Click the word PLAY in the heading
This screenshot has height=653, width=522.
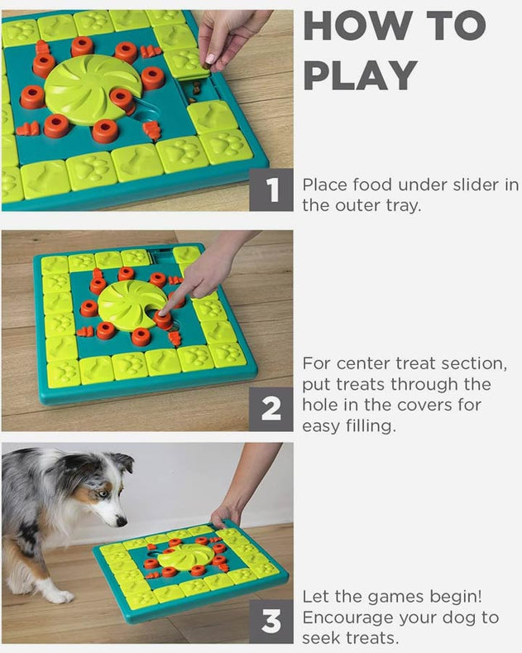361,75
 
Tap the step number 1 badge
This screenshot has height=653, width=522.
271,190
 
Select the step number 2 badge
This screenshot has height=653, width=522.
271,409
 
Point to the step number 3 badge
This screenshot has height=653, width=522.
271,622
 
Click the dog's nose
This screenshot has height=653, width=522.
121,521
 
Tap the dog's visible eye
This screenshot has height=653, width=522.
103,494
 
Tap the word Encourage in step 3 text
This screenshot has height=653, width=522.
347,618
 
